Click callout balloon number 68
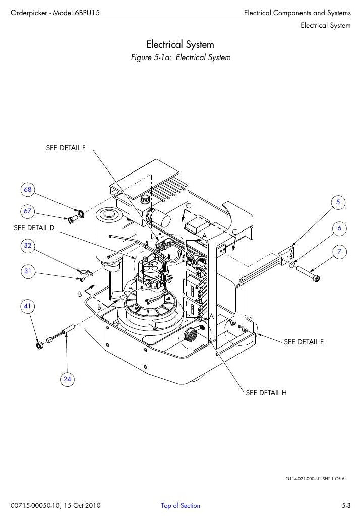(27, 189)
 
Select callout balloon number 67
(27, 211)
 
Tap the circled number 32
(27, 245)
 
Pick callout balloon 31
(27, 271)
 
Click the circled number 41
(27, 306)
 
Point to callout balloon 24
(67, 379)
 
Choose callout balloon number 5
(338, 202)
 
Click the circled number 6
(339, 228)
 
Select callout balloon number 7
(339, 252)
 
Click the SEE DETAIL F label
(66, 148)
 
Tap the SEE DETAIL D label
(34, 228)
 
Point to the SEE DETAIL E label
(304, 342)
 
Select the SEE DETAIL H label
(266, 393)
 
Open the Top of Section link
(181, 505)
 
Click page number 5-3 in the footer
(346, 505)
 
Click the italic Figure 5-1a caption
(181, 57)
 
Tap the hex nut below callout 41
(39, 346)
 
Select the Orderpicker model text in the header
(55, 13)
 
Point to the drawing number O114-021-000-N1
(303, 478)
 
